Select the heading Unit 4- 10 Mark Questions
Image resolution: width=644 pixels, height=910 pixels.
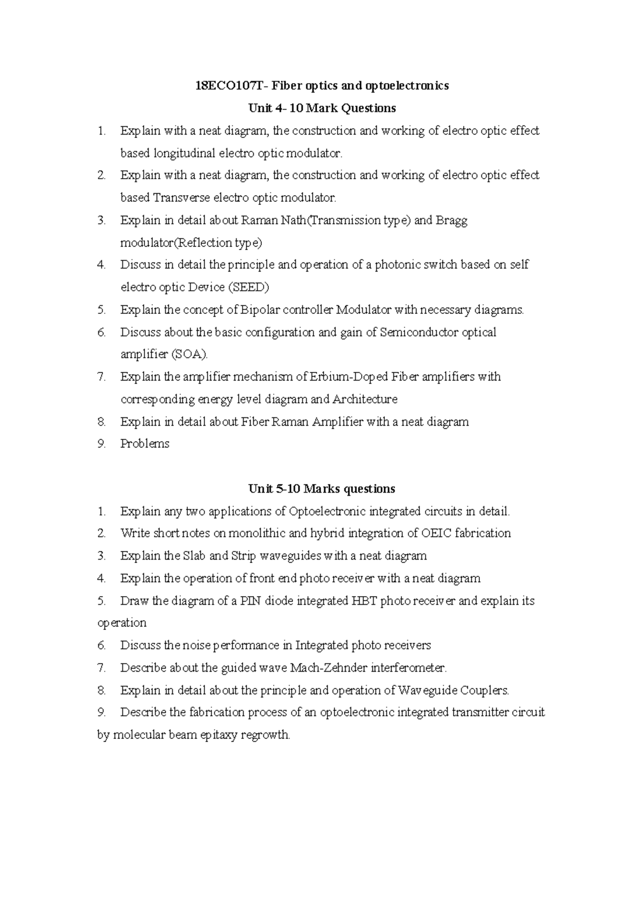click(x=322, y=108)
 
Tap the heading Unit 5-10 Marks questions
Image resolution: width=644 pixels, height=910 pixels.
click(x=321, y=489)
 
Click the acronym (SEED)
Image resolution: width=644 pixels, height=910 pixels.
click(x=248, y=288)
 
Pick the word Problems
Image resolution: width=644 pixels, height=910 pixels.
click(x=145, y=444)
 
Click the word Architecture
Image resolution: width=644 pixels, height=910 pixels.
click(x=365, y=400)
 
